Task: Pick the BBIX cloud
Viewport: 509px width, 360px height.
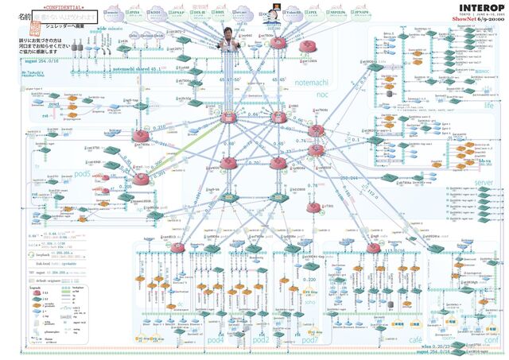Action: tap(219, 14)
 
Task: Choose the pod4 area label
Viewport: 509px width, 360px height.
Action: tap(216, 339)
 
